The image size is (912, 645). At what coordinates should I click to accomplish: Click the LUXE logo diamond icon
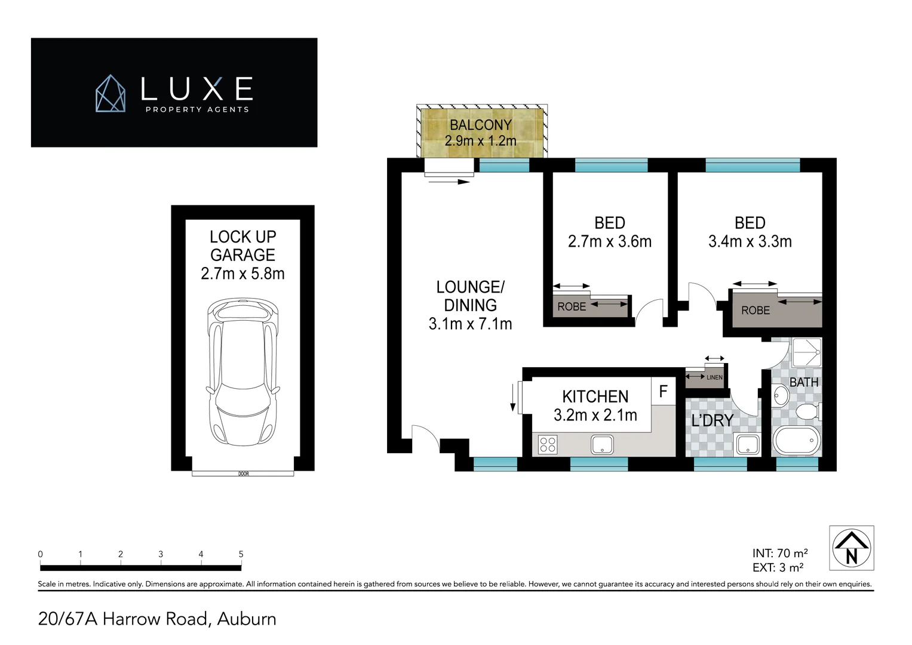coord(111,93)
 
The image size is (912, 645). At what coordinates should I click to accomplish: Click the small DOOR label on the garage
coord(243,474)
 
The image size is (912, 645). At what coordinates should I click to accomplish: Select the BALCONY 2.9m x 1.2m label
coord(480,133)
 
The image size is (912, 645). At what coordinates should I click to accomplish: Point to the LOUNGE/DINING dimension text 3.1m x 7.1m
coord(470,324)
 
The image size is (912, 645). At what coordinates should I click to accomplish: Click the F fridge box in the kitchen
coord(663,392)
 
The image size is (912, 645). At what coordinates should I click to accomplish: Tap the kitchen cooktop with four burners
coord(548,444)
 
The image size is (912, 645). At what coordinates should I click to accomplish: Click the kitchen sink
coord(602,444)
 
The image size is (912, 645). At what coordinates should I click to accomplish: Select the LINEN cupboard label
coord(714,377)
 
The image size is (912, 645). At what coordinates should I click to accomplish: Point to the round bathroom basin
coord(781,394)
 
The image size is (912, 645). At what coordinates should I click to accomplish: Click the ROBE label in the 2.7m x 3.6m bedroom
coord(572,306)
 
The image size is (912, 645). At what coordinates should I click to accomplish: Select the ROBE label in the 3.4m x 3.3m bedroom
coord(756,311)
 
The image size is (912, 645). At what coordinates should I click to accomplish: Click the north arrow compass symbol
coord(851,548)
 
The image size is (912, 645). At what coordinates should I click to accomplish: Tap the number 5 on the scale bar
coord(241,554)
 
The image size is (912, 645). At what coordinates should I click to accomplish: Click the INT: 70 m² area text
coord(780,554)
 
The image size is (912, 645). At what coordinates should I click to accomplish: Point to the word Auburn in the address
coord(247,619)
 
